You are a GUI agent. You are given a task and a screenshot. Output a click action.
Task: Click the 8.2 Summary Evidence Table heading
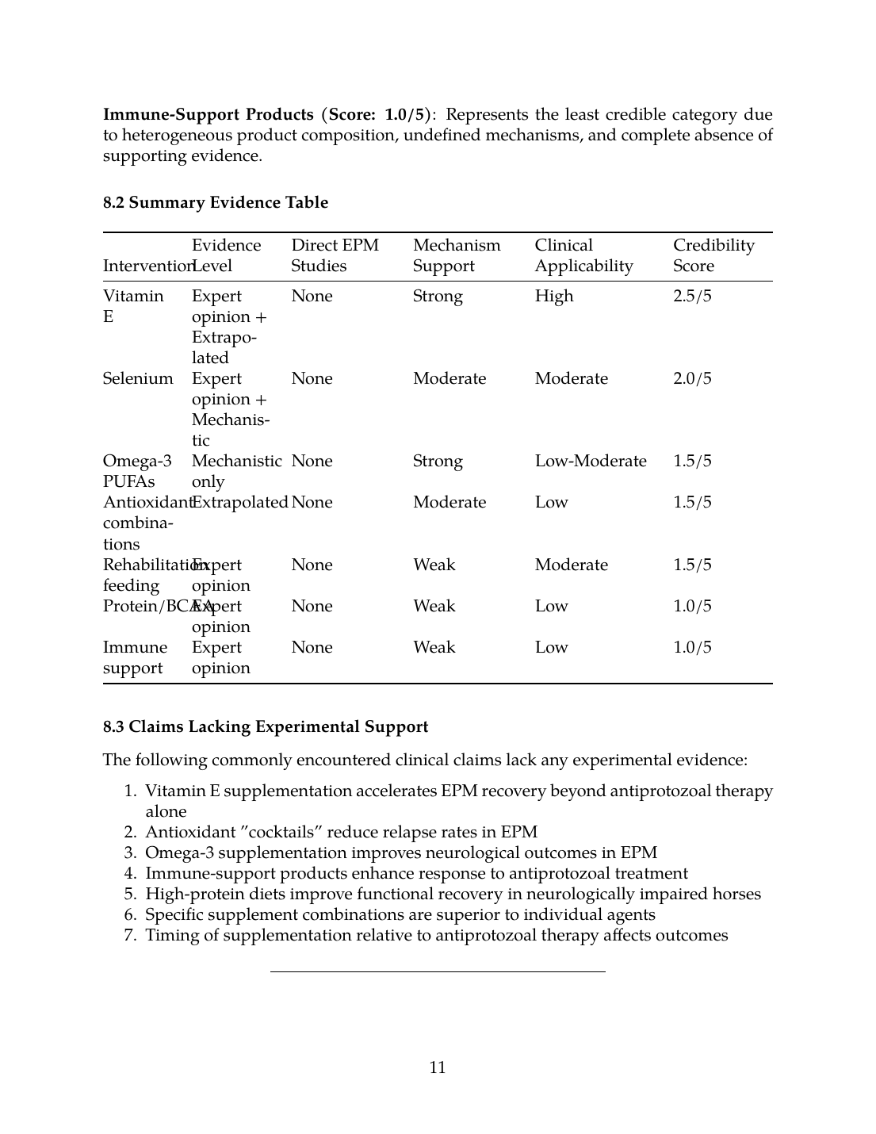pos(216,202)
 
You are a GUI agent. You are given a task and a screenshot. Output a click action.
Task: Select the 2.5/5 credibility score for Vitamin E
pos(692,296)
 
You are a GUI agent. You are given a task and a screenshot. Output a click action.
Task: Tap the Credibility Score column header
pos(713,255)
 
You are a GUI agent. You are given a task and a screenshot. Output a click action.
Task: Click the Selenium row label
pos(138,378)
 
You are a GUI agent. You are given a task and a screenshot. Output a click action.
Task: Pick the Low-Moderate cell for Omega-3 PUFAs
pos(591,461)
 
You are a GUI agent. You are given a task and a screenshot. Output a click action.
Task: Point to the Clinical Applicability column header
pos(583,255)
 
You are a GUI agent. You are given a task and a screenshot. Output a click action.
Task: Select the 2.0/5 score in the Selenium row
pos(692,378)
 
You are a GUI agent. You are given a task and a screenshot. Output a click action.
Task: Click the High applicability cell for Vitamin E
pos(553,296)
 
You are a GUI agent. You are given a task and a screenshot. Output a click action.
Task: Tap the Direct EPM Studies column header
pos(335,255)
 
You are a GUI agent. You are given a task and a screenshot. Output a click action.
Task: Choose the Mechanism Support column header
pos(457,255)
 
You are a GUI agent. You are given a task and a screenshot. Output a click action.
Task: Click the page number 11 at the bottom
pos(438,1067)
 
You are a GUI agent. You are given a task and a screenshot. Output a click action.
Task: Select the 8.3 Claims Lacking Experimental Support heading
pos(266,726)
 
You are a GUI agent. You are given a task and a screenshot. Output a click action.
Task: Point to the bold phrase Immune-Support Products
pos(208,114)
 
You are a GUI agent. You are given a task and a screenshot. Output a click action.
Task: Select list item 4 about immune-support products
pos(416,873)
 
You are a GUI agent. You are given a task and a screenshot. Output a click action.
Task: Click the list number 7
pos(130,935)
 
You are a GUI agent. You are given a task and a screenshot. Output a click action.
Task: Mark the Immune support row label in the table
pos(135,657)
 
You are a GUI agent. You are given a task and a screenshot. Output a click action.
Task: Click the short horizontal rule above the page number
pos(438,971)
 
